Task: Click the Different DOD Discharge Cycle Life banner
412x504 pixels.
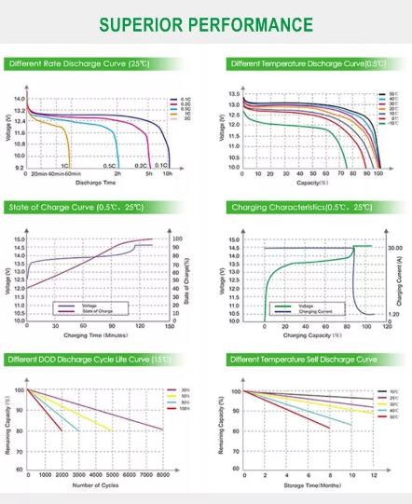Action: pyautogui.click(x=77, y=359)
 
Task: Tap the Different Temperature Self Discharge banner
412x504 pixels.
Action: pyautogui.click(x=301, y=359)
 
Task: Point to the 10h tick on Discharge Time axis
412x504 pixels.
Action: pyautogui.click(x=168, y=174)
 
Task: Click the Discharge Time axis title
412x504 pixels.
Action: pyautogui.click(x=95, y=183)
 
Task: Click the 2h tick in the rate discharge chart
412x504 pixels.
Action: pyautogui.click(x=117, y=174)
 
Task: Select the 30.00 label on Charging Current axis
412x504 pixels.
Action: pyautogui.click(x=393, y=248)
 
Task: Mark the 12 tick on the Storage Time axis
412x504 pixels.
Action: pyautogui.click(x=374, y=475)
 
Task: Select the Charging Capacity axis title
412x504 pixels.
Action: pyautogui.click(x=309, y=334)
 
